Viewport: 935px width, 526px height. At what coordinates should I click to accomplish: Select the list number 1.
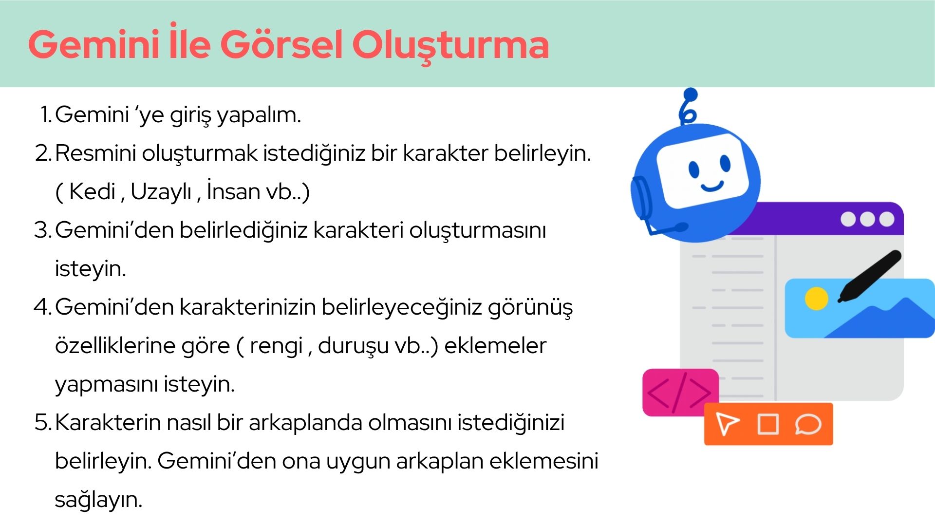click(46, 115)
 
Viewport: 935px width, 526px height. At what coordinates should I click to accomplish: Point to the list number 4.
click(43, 307)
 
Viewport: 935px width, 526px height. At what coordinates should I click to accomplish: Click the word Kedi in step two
click(92, 191)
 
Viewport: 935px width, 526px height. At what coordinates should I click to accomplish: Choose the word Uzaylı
click(161, 191)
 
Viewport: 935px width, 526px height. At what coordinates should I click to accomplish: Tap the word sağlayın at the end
click(98, 500)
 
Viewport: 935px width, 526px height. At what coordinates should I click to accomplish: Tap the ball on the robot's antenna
click(691, 94)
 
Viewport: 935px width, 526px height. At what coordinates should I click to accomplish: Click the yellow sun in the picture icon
click(817, 299)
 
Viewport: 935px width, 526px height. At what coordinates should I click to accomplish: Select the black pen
click(870, 276)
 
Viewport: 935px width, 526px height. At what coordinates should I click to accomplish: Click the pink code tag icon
click(680, 393)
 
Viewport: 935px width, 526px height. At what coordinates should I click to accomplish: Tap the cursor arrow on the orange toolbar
click(727, 423)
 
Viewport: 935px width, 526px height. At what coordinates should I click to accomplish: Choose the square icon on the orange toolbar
click(768, 424)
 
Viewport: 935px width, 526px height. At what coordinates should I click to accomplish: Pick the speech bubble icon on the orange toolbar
click(808, 424)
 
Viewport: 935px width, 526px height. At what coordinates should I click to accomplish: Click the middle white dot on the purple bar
click(868, 219)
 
